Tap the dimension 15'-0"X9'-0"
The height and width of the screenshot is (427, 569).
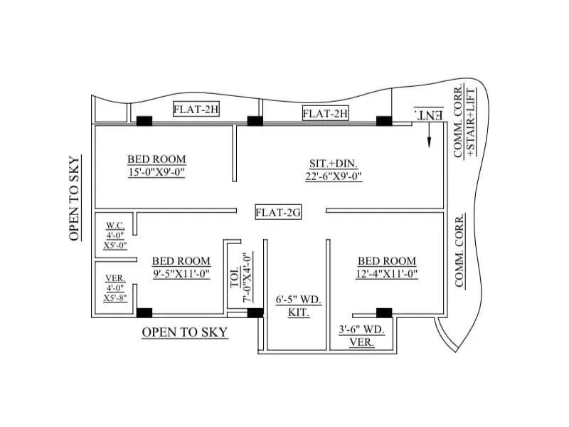156,172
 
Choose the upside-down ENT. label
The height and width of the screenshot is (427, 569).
429,114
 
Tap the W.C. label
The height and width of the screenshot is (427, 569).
115,225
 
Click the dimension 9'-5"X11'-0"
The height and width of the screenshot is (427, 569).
181,274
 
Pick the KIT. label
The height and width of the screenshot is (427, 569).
299,313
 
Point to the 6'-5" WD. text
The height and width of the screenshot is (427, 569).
299,300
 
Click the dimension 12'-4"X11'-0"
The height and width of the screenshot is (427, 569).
387,274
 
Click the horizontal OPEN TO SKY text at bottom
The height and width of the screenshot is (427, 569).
185,332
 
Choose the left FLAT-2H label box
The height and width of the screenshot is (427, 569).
195,109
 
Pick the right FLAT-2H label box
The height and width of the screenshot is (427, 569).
325,113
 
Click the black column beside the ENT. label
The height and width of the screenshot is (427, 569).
385,121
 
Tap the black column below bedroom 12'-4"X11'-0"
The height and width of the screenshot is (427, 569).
384,312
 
